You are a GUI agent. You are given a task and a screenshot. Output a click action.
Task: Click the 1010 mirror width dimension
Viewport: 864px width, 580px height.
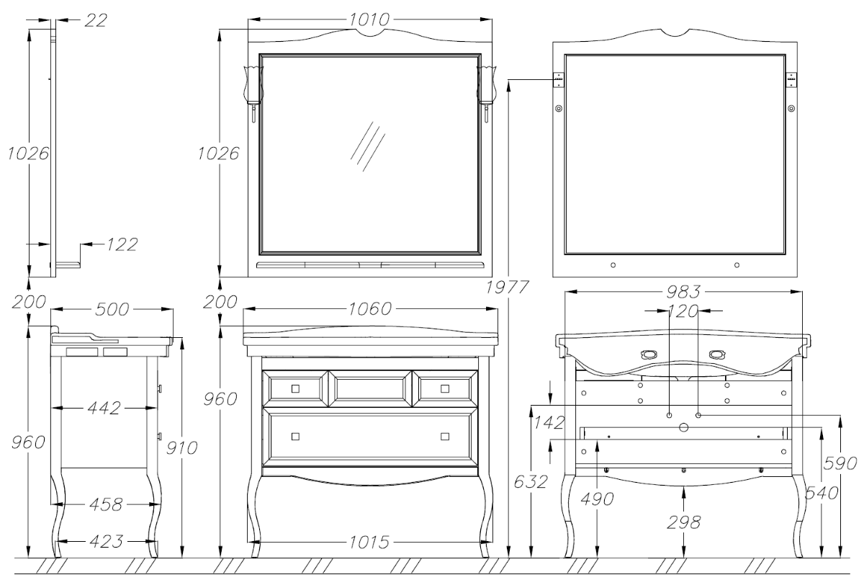click(x=369, y=19)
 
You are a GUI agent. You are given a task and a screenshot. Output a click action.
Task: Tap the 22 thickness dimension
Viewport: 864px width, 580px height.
click(x=95, y=20)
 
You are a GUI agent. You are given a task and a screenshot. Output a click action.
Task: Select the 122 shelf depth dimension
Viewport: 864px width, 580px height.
click(x=122, y=244)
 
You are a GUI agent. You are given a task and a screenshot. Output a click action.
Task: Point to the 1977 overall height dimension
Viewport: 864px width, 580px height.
click(x=507, y=287)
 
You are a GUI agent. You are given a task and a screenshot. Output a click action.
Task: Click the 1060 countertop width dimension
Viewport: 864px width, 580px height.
click(x=370, y=308)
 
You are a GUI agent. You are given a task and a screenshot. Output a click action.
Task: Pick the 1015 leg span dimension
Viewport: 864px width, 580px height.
click(x=369, y=543)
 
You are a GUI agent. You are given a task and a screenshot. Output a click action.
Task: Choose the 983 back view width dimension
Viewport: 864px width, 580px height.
click(x=683, y=292)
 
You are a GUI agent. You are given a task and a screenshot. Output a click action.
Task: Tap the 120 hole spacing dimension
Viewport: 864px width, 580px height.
click(x=683, y=311)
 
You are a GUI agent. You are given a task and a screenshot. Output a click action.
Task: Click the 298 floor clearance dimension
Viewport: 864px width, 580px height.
click(x=683, y=522)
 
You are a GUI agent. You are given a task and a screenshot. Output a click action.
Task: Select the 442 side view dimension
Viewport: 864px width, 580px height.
click(x=104, y=408)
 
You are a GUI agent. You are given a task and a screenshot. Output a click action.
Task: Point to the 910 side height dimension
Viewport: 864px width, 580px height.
click(x=181, y=448)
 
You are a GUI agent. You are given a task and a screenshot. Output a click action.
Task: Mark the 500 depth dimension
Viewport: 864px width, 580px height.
click(x=112, y=309)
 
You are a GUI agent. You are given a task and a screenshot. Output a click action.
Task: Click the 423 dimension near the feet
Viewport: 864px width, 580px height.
click(x=106, y=541)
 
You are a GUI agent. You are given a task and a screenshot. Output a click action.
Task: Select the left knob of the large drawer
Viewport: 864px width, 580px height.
click(x=295, y=437)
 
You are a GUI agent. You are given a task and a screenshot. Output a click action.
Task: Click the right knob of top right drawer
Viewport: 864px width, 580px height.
click(x=445, y=388)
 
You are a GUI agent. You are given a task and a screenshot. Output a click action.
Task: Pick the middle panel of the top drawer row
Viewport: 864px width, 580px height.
click(x=369, y=388)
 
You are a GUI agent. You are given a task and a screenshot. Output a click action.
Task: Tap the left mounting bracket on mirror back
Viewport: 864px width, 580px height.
click(x=559, y=80)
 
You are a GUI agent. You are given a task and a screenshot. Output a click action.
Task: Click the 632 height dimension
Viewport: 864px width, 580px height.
click(x=531, y=481)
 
